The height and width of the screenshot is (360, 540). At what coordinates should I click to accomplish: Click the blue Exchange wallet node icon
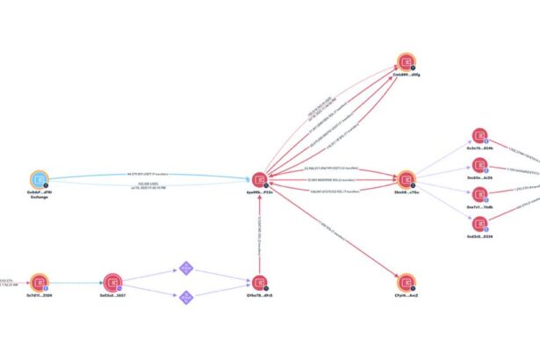pos(36,179)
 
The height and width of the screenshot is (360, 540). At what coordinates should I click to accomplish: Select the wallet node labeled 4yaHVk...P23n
pos(258,179)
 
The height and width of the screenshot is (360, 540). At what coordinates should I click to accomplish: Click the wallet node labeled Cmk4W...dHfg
pos(407,61)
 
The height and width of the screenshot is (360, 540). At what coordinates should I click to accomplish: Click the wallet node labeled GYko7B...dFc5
pos(258,282)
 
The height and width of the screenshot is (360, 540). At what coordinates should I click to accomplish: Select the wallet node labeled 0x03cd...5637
pos(112,282)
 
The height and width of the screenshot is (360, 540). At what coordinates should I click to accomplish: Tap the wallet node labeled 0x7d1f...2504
pos(36,282)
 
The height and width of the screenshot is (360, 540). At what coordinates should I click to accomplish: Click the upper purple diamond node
pos(185,267)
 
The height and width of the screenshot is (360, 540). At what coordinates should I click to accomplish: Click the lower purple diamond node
pos(185,298)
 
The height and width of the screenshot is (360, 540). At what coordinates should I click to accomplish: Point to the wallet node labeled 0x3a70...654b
pos(479,136)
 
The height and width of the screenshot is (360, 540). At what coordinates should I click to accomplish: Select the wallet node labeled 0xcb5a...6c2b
pos(479,164)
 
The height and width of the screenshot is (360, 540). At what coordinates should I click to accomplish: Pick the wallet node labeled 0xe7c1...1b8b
pos(479,193)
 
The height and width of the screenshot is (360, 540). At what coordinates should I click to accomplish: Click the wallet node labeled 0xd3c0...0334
pos(479,223)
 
